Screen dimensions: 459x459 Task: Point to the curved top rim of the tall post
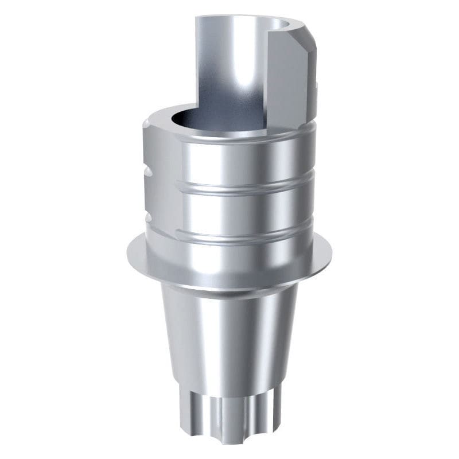[x=241, y=21]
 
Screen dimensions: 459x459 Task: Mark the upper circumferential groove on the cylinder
[x=247, y=187]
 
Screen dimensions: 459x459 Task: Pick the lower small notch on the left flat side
[x=147, y=219]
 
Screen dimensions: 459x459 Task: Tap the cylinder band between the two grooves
[x=247, y=209]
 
